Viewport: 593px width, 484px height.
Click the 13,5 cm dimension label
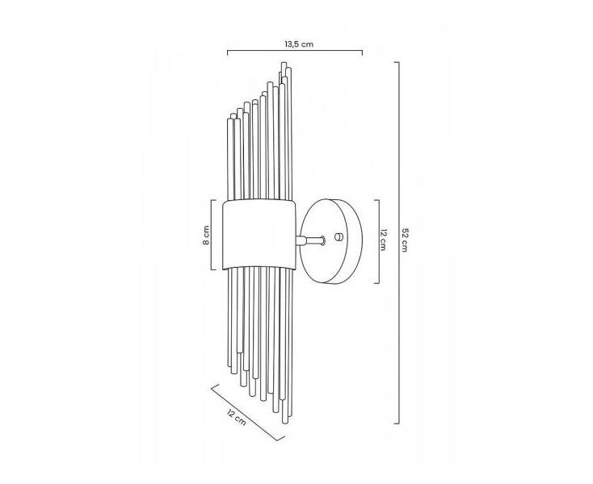[299, 44]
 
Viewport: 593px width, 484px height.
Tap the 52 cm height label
[404, 240]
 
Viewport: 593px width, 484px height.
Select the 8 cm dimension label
[206, 236]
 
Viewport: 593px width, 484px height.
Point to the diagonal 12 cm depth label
[237, 416]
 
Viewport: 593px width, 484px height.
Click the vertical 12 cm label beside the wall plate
[383, 240]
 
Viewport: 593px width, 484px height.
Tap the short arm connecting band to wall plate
[310, 240]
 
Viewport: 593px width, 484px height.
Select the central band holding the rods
[259, 235]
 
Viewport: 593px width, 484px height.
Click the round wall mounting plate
[332, 241]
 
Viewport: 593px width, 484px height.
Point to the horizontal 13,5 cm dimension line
[295, 51]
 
